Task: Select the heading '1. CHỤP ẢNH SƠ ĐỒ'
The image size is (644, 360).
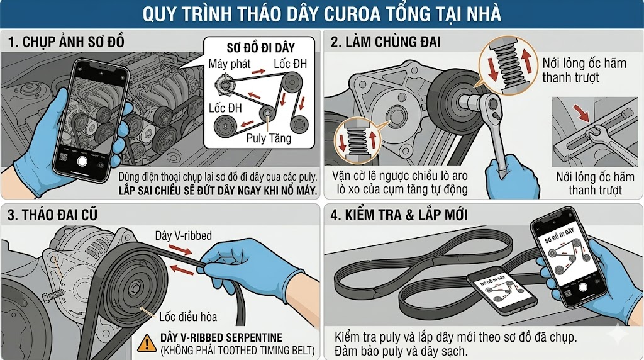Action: coord(66,43)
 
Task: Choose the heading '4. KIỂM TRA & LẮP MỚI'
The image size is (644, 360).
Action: coord(399,216)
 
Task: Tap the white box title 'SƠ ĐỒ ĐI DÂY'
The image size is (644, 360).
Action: coord(260,48)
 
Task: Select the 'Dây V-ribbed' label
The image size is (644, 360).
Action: coord(183,235)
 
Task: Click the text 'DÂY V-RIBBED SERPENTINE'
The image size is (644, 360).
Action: coord(221,338)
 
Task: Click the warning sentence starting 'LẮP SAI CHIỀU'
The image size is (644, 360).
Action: coord(217,190)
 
